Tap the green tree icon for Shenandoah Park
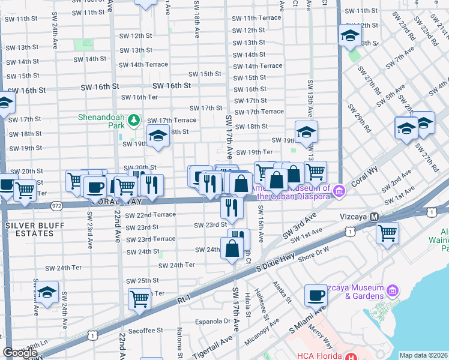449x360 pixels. tap(136, 121)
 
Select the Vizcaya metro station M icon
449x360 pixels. tap(375, 217)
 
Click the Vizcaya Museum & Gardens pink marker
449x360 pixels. tap(393, 291)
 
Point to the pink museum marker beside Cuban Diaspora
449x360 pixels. tap(340, 191)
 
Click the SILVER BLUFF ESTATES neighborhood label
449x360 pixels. tap(34, 225)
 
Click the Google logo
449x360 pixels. tap(20, 353)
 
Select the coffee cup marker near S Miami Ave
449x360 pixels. tap(316, 296)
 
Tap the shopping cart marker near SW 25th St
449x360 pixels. tap(139, 298)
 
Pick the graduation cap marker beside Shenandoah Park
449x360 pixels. tap(158, 137)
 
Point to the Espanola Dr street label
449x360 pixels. tap(210, 321)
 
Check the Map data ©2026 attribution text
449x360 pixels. tap(423, 355)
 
